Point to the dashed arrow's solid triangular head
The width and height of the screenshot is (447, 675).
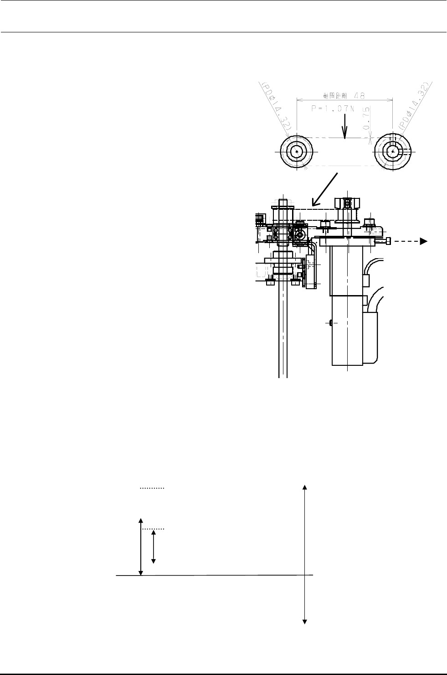tap(423, 242)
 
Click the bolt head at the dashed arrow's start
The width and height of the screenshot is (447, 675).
tap(387, 242)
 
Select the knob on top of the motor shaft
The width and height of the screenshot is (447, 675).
tap(347, 202)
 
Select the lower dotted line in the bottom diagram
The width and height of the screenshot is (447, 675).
tap(152, 530)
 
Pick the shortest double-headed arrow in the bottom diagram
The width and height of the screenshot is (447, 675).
tap(154, 547)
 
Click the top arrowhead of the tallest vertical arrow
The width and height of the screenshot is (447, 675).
tap(305, 488)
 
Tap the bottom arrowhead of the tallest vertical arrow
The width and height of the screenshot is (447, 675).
tap(305, 621)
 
